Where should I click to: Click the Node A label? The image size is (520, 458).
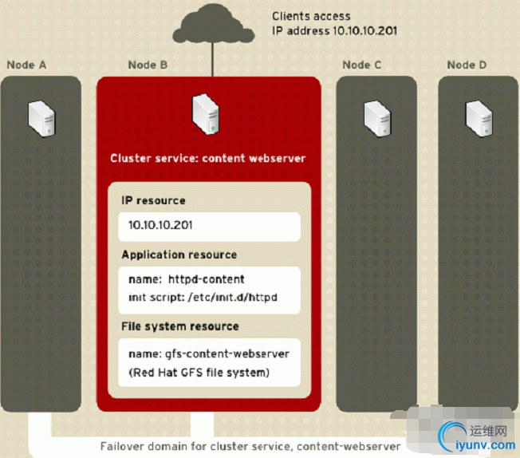coord(26,65)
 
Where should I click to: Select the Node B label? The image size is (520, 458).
coord(148,65)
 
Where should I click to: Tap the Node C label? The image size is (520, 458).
coord(363,65)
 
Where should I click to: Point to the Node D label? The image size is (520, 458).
coord(467,65)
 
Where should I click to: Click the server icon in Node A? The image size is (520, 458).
coord(41,116)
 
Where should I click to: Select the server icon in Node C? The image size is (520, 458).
coord(376,116)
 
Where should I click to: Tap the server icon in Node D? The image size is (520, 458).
coord(479,116)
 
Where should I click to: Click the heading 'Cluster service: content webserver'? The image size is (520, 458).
coord(207,158)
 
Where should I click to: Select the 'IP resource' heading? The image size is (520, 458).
coord(153,200)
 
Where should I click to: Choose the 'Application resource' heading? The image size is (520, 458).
coord(179,255)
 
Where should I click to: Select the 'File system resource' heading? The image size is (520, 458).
coord(179,326)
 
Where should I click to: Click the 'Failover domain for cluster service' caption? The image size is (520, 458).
coord(251,446)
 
